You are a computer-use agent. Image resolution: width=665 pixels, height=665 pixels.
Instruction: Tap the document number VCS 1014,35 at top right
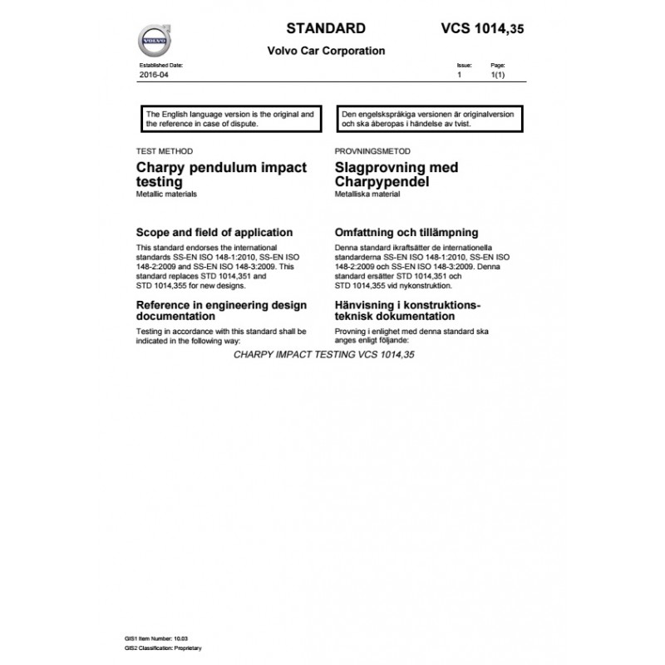(x=482, y=28)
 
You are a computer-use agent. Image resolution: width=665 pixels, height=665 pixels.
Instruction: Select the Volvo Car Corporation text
(x=325, y=51)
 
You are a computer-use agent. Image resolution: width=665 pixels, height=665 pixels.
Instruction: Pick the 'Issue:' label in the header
(x=464, y=64)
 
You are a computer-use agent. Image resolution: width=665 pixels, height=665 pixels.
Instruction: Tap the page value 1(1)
(x=498, y=75)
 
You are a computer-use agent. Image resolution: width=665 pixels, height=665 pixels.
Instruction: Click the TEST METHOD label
(x=164, y=151)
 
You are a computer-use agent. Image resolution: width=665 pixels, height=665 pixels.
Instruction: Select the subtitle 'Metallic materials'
(x=167, y=194)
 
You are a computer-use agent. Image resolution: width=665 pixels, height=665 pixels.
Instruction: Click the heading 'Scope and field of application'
(x=214, y=232)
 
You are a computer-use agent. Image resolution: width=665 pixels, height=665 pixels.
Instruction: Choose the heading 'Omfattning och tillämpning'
(x=406, y=232)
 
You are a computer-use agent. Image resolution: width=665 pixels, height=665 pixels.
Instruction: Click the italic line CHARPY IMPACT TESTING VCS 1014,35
(x=324, y=354)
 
